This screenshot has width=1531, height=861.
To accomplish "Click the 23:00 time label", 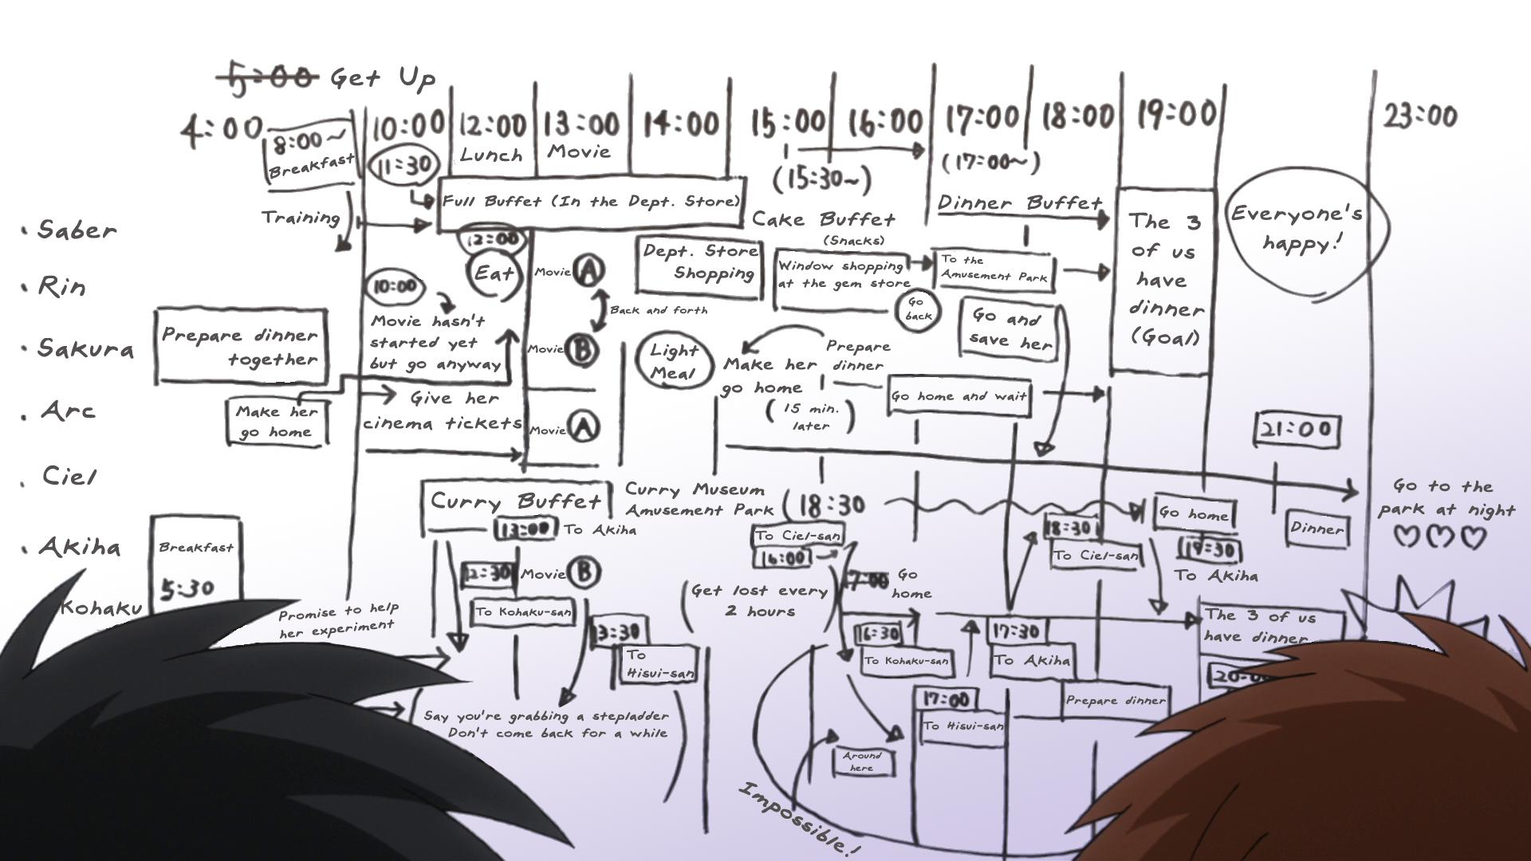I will (1419, 116).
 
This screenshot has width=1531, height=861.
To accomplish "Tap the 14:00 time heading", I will (681, 124).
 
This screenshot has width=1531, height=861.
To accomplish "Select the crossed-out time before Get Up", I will (268, 78).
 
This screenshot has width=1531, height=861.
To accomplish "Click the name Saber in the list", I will (77, 230).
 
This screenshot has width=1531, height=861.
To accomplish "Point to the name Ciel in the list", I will (69, 477).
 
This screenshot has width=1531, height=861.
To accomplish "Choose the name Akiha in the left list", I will (80, 547).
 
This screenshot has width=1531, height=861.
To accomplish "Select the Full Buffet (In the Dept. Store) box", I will (592, 201).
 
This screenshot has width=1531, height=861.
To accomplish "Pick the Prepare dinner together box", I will (240, 347).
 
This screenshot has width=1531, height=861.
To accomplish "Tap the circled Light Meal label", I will (674, 361).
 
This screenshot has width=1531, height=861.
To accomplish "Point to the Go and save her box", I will (1010, 328).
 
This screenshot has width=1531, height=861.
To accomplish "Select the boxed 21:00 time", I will (1297, 430).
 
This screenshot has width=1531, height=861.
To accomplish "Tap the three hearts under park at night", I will (1440, 537).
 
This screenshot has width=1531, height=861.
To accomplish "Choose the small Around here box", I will (862, 761).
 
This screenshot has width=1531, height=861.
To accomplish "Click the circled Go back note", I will (917, 309).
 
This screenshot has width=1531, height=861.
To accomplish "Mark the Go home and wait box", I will (958, 396).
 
